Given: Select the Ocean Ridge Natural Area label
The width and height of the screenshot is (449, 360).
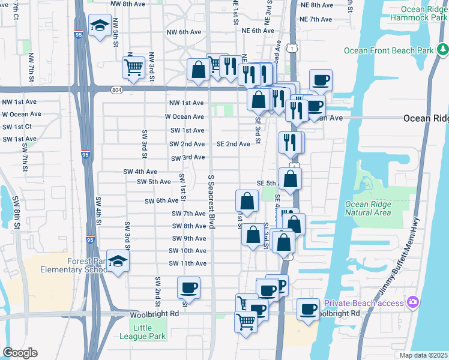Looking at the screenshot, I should click(368, 208).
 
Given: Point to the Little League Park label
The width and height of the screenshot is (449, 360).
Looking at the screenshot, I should click(149, 332).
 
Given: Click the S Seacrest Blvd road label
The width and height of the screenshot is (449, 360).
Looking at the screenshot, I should click(211, 202).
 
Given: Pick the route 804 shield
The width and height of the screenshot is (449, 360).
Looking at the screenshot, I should click(117, 89).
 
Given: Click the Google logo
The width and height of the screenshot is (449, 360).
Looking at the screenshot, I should click(20, 353).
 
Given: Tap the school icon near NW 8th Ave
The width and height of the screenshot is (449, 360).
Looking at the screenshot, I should click(99, 25).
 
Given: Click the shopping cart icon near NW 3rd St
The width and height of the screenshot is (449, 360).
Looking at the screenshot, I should click(133, 67).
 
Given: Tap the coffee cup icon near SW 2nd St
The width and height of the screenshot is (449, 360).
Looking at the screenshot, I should click(188, 287).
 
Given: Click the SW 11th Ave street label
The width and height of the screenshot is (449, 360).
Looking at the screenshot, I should click(187, 263).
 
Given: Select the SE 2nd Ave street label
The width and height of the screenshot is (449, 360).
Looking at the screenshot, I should click(233, 144).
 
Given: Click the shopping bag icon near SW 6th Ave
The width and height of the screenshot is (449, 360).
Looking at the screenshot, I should click(247, 202).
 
